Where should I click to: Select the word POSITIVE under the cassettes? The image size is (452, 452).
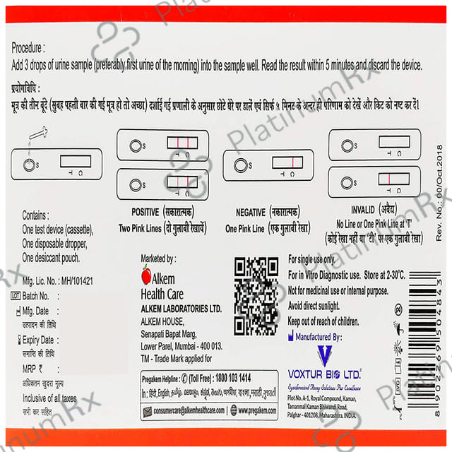pyautogui.click(x=149, y=212)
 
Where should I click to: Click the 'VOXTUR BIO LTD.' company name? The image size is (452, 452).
pyautogui.click(x=325, y=376)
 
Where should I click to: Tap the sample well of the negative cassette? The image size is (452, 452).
pyautogui.click(x=240, y=165)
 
